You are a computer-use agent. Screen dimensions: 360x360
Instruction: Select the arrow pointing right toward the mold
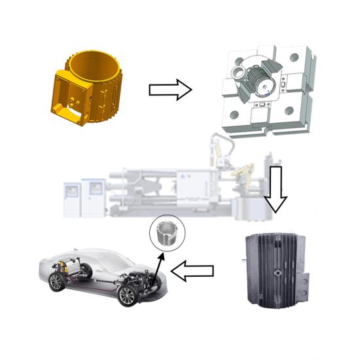[170, 90]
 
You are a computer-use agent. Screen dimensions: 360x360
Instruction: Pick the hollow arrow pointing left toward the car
[197, 270]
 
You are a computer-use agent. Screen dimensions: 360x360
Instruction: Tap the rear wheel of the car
[57, 282]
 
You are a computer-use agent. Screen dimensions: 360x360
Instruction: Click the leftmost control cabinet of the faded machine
[73, 192]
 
